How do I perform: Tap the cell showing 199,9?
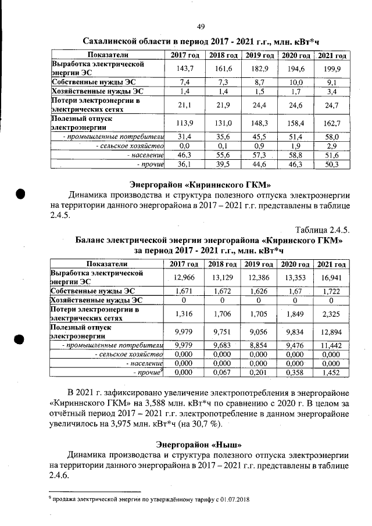(330, 69)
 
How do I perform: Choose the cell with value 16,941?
(330, 278)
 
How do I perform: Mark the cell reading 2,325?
(330, 314)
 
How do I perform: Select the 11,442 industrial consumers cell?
(330, 346)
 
